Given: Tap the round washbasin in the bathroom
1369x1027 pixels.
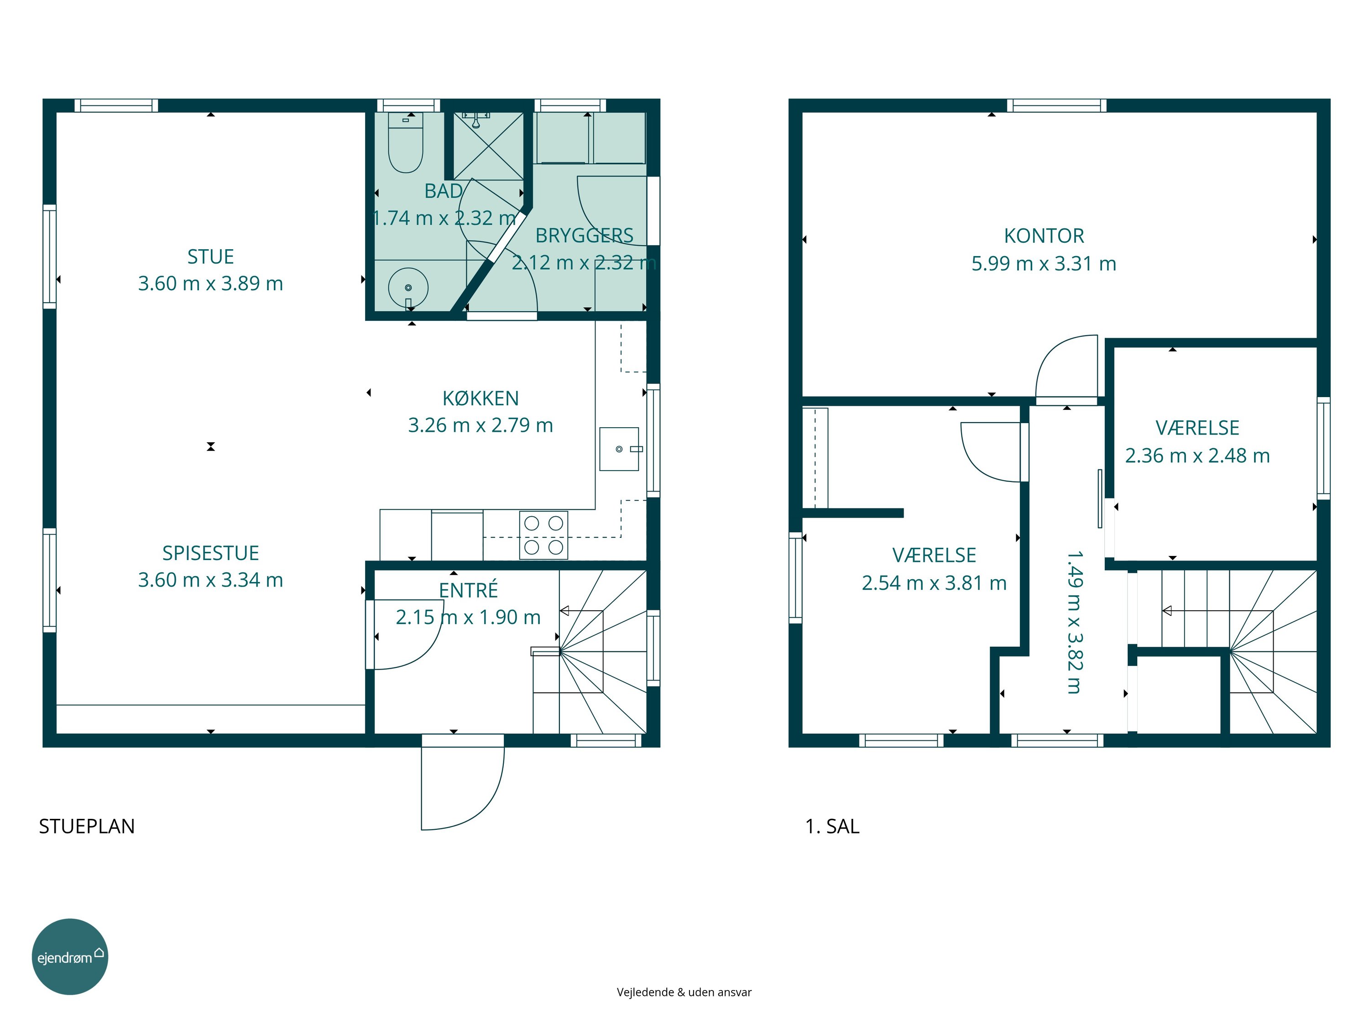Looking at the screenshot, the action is (408, 288).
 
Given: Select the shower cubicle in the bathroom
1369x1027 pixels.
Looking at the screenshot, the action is (489, 146).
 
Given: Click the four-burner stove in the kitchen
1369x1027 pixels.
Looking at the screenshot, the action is (543, 535).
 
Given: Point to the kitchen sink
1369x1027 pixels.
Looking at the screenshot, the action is (619, 449).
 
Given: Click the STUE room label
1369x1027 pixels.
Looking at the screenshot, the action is (210, 256).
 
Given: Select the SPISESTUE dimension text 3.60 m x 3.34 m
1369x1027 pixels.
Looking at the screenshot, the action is (210, 580).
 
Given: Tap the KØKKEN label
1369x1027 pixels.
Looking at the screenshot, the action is (480, 398).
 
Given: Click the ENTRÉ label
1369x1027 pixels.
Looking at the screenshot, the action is (469, 590).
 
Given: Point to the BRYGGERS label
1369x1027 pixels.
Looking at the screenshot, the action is (584, 235).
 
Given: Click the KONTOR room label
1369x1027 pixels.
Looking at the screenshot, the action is (1044, 236).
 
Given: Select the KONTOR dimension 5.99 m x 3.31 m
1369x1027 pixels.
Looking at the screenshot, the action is (1044, 264).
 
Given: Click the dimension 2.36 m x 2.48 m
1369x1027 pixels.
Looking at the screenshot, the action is (1197, 456).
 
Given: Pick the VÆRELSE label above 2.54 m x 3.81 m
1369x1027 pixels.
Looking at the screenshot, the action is (935, 555).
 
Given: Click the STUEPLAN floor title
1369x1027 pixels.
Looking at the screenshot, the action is (87, 827).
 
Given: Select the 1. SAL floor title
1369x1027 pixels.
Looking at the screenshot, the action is (832, 827).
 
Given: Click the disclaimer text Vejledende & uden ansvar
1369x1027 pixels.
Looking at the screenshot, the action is (684, 992).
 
